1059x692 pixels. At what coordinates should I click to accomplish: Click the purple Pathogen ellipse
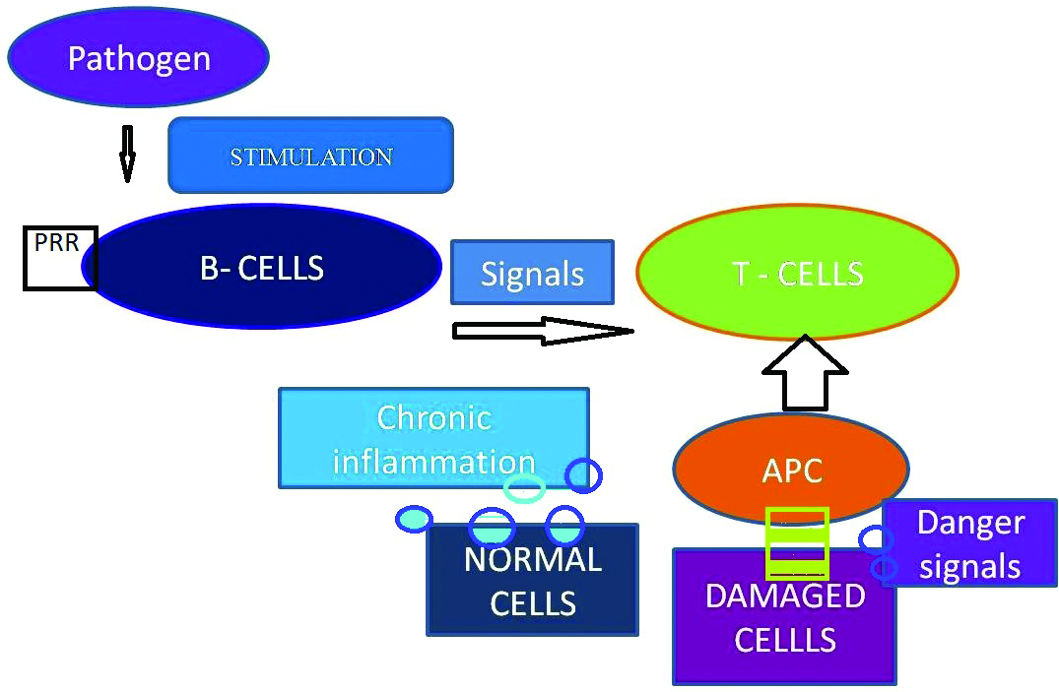[139, 57]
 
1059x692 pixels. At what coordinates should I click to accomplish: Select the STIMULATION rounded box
[310, 156]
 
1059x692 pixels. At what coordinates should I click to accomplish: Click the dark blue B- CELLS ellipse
[262, 267]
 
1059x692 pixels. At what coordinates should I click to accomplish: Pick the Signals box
[532, 272]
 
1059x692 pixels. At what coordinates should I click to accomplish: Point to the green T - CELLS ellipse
[798, 272]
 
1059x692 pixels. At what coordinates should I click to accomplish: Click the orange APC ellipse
[792, 469]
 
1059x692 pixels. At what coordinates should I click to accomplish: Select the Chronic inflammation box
[433, 437]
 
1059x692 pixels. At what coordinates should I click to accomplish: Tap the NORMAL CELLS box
[532, 580]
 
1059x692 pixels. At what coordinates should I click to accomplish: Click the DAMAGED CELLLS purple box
[785, 616]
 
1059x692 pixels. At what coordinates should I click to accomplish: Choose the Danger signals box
[970, 543]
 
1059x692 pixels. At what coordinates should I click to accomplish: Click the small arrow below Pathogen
[127, 154]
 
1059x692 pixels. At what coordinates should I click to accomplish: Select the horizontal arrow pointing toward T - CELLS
[543, 331]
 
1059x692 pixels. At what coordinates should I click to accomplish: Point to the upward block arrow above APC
[805, 373]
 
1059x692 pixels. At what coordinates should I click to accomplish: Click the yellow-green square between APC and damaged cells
[797, 543]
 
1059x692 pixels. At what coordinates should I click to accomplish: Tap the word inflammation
[433, 463]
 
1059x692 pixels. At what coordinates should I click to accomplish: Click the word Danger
[970, 524]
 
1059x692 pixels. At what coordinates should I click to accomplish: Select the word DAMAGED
[785, 597]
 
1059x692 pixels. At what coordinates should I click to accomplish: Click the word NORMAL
[533, 560]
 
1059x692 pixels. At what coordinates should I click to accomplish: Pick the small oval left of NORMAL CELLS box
[414, 519]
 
